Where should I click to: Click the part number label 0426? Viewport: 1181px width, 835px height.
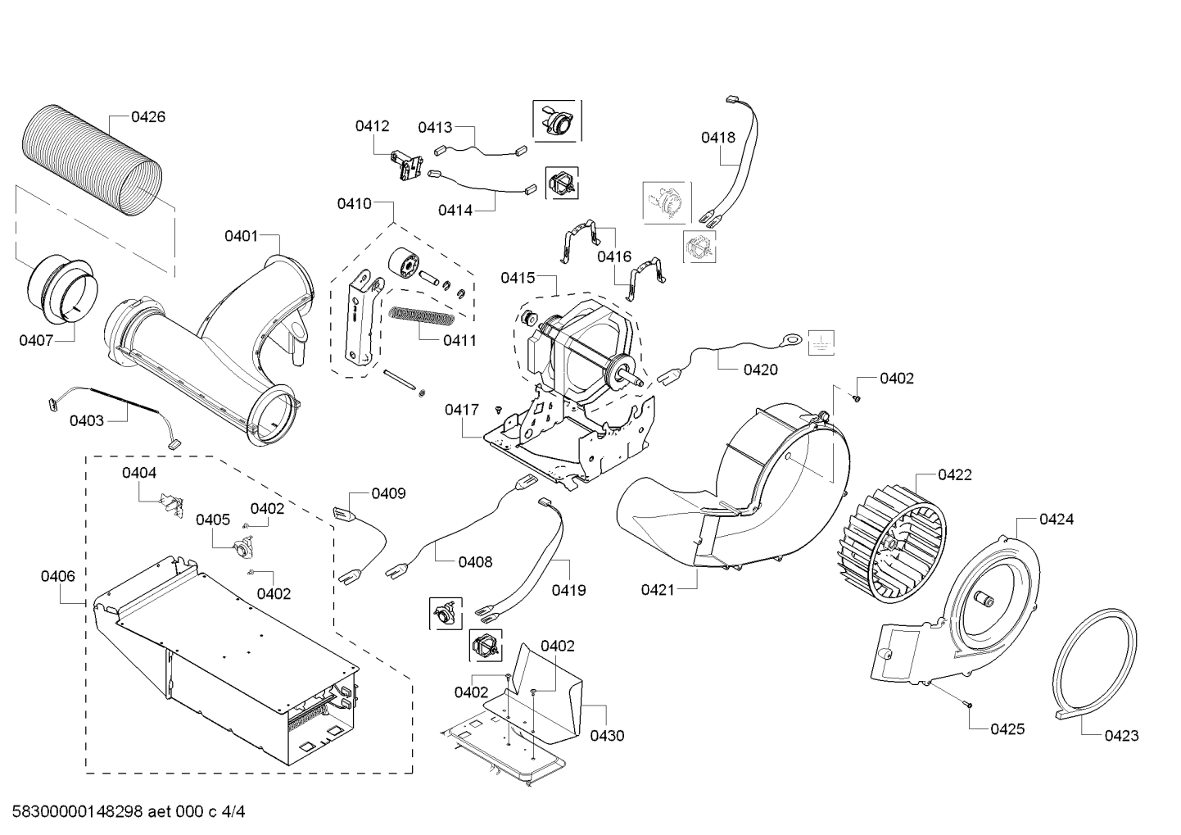[148, 117]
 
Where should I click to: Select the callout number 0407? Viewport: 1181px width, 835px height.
[36, 340]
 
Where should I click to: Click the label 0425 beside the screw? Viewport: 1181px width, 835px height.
[1007, 729]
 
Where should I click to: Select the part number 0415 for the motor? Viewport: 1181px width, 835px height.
[518, 279]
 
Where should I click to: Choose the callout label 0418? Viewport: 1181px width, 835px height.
[717, 138]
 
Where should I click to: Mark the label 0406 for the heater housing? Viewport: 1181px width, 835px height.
[58, 576]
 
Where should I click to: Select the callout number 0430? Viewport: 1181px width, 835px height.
[607, 736]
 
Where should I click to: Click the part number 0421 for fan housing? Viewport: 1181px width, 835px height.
[658, 589]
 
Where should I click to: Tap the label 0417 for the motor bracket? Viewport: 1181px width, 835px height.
[462, 409]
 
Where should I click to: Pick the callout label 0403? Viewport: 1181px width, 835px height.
[86, 421]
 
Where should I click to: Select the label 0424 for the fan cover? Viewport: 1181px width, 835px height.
[1057, 520]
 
